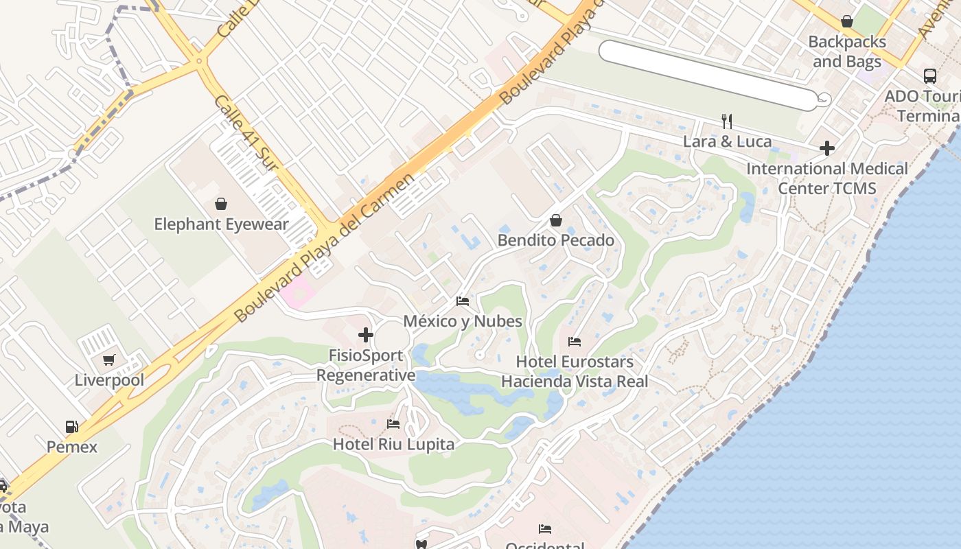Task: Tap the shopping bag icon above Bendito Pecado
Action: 556,220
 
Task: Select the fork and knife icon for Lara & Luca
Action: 727,121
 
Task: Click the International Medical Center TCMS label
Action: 826,178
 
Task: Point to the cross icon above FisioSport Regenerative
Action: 366,335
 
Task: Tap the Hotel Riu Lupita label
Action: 393,444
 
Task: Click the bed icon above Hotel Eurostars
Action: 575,342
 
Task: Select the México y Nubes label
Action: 462,321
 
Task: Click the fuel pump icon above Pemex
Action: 72,427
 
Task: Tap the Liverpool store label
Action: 109,380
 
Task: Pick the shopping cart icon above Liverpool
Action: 109,360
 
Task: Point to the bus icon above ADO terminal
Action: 930,75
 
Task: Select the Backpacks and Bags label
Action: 846,51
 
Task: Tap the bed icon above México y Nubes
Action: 463,301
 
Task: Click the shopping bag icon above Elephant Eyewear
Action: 221,204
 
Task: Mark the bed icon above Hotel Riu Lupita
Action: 393,424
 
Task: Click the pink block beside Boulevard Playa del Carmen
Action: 298,293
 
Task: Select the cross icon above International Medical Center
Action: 827,148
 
